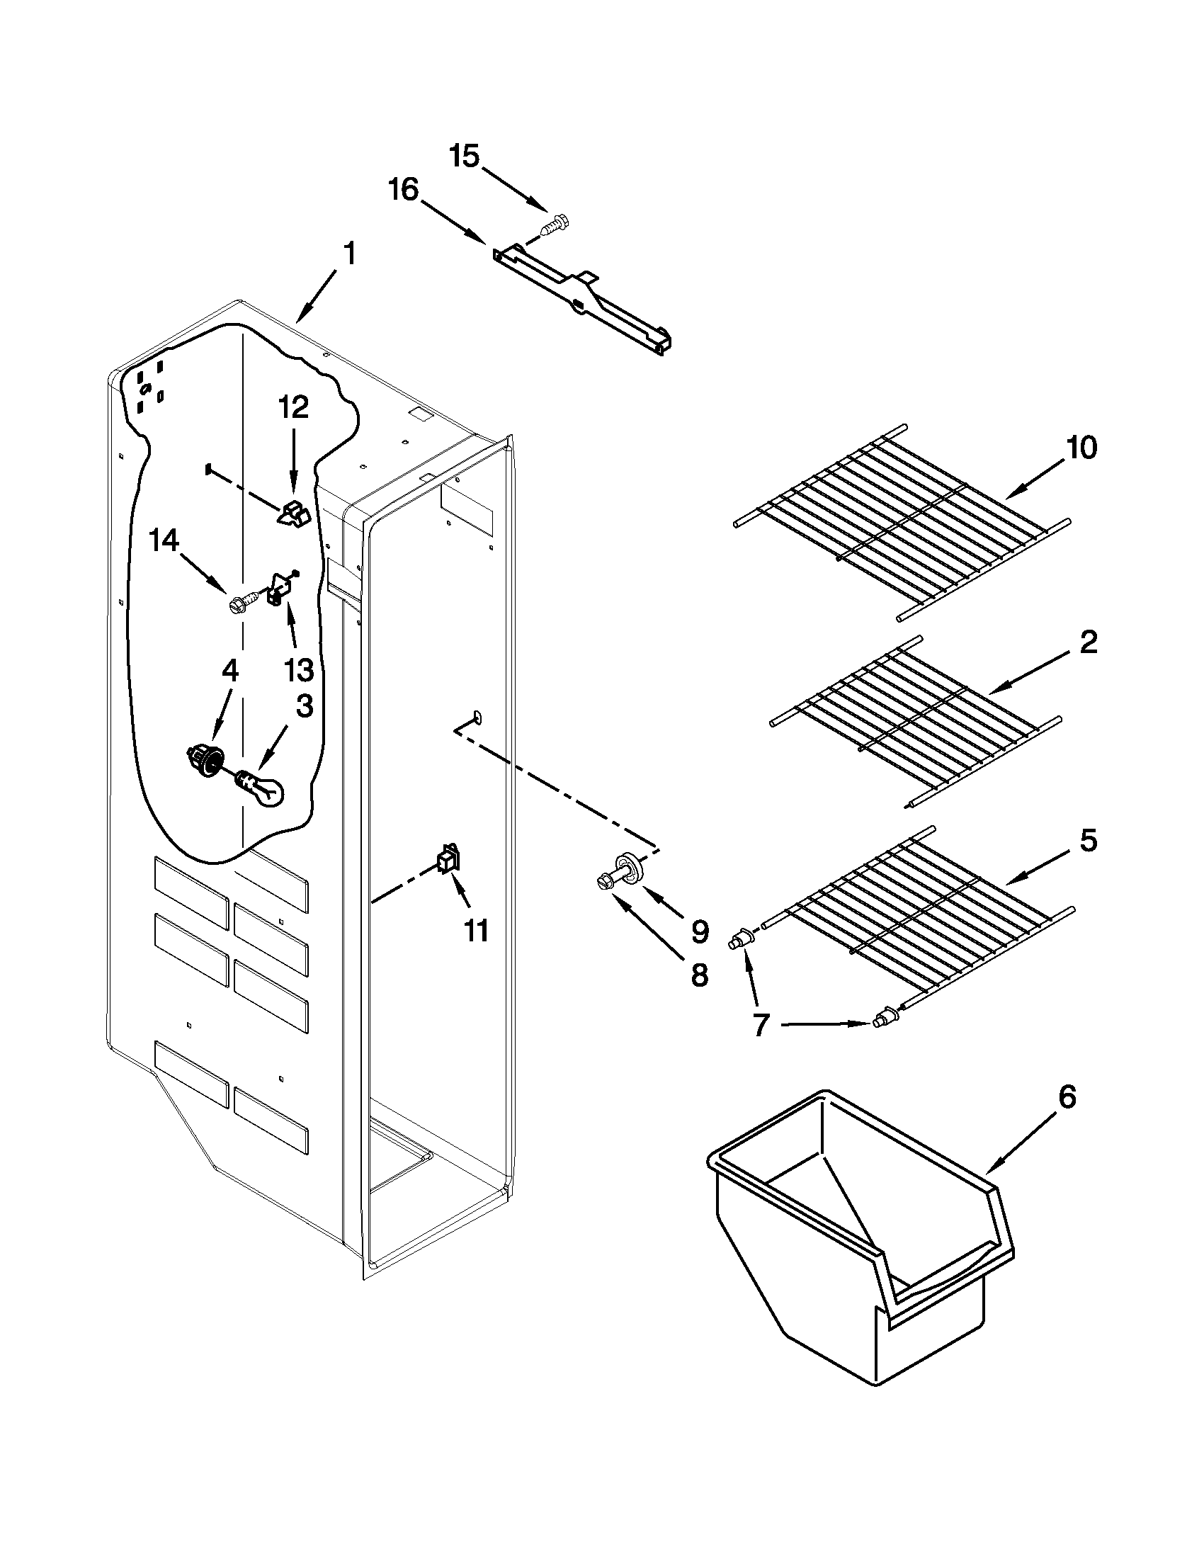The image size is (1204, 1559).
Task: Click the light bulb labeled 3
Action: pos(261,788)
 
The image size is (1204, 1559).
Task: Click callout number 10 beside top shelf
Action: pos(1081,448)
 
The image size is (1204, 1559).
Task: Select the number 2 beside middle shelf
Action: pos(1088,642)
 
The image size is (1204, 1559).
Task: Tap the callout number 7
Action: pos(761,1026)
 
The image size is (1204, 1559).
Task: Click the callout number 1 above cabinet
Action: pos(349,254)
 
